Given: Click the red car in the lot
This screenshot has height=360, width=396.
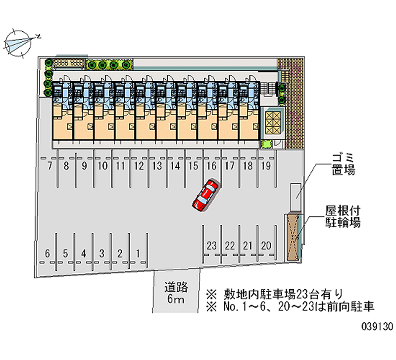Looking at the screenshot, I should (x=205, y=195).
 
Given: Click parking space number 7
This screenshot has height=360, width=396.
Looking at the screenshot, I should (x=49, y=166).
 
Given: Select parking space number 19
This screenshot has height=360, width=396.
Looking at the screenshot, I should (x=265, y=166).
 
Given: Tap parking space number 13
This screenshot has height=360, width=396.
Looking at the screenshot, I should (x=157, y=166).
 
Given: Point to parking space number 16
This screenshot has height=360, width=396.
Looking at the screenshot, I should (x=211, y=166).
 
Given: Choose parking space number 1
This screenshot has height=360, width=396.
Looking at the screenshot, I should (x=138, y=254).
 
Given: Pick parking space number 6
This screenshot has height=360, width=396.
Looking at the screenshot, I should (x=48, y=254).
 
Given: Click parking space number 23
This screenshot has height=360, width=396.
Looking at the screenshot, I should (x=212, y=246).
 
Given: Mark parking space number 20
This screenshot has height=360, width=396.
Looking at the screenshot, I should (x=266, y=246).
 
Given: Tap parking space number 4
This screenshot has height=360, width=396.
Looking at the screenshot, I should (x=84, y=254).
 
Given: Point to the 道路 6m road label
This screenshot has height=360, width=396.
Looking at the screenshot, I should (x=176, y=293).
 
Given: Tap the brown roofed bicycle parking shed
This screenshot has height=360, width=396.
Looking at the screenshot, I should (x=293, y=237).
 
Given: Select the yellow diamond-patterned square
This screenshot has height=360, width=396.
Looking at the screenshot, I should (x=273, y=121).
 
